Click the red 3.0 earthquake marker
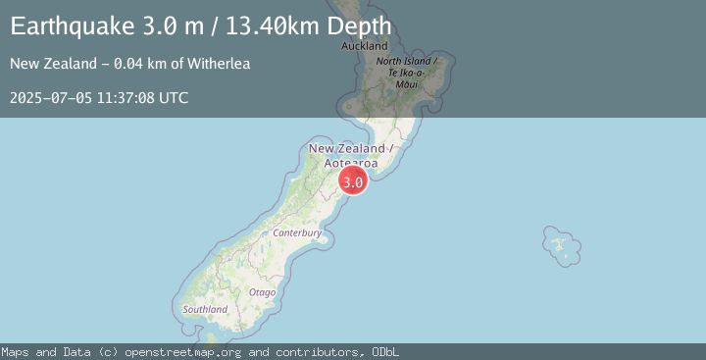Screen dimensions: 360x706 tap(353, 181)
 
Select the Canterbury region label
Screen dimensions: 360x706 tap(297, 233)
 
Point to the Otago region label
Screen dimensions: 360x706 tap(262, 292)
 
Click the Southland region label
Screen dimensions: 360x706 tap(206, 309)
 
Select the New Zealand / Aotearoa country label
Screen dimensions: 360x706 tap(351, 155)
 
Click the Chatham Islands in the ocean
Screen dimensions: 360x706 tap(560, 243)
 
